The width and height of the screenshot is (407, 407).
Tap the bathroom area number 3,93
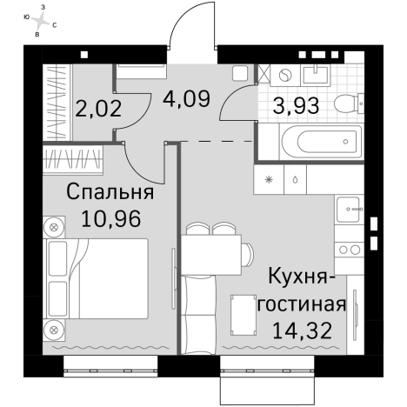[296, 107]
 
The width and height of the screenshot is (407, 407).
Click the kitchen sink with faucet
[351, 210]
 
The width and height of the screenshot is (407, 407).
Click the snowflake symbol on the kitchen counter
[270, 181]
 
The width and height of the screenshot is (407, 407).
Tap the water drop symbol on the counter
[296, 181]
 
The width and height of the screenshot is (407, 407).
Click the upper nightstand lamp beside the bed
[54, 228]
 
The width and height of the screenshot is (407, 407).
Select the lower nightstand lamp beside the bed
[54, 330]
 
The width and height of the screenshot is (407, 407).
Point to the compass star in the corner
[40, 20]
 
